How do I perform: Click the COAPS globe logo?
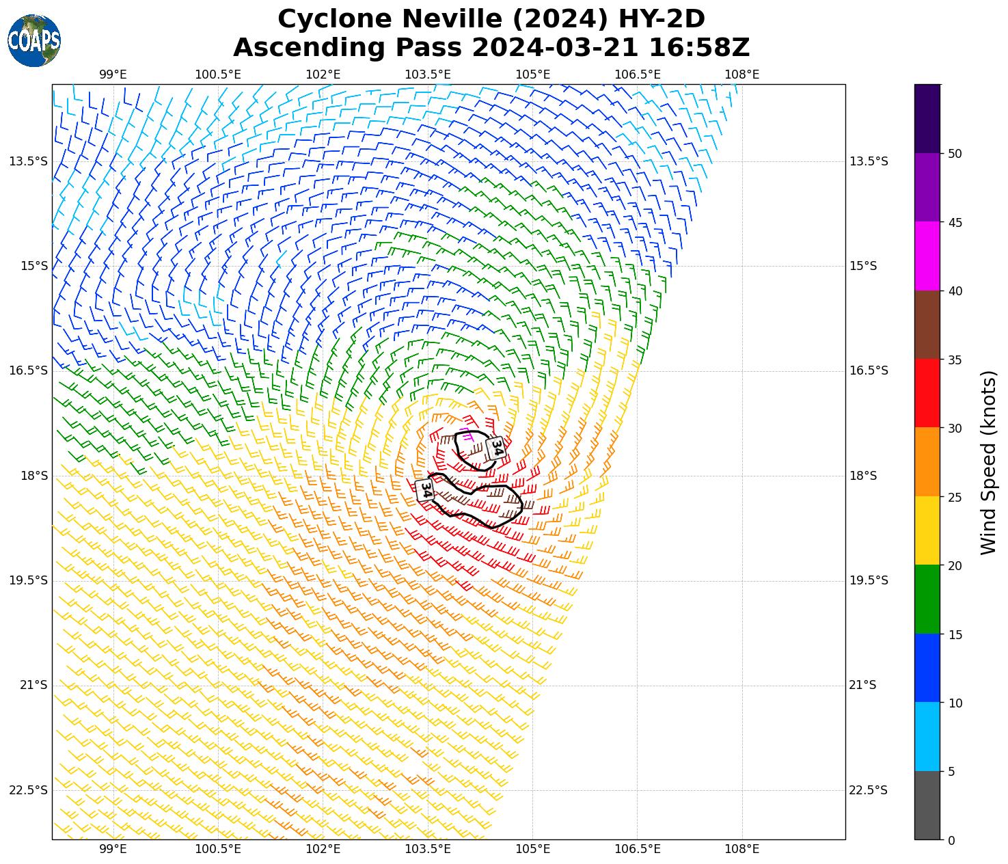(x=34, y=40)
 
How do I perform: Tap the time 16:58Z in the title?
(x=698, y=48)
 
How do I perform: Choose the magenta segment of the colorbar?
(x=927, y=256)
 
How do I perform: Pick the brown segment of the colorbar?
(x=927, y=325)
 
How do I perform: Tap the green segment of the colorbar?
(x=927, y=599)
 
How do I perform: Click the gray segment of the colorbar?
(x=927, y=805)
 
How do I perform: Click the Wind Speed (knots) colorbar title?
(x=988, y=463)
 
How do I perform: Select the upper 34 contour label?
(x=497, y=448)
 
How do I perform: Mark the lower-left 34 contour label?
(x=425, y=489)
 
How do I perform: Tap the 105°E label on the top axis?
(x=532, y=75)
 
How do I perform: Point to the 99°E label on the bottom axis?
(x=113, y=849)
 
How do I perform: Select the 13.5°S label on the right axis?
(x=868, y=161)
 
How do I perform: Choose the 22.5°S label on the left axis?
(x=28, y=790)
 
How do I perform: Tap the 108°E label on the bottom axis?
(x=741, y=849)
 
